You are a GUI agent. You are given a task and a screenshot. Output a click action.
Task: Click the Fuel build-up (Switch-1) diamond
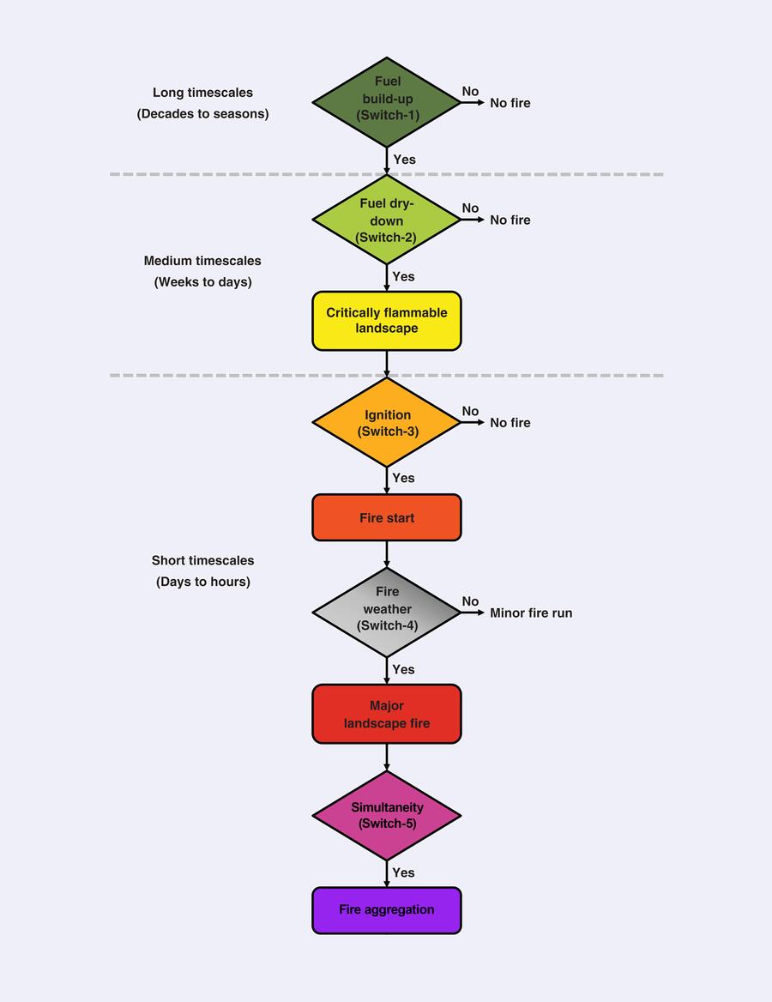[x=387, y=102]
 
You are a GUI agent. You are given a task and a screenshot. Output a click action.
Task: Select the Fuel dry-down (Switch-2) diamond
[x=387, y=220]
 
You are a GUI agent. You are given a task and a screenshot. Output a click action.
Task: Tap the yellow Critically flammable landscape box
[x=387, y=321]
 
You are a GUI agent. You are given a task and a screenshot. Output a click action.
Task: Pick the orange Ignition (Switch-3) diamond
[x=387, y=422]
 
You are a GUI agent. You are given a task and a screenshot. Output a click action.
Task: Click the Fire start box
[x=387, y=517]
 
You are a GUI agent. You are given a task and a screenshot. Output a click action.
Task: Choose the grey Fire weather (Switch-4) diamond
[x=387, y=613]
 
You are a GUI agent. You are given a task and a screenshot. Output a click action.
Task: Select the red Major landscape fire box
[x=387, y=714]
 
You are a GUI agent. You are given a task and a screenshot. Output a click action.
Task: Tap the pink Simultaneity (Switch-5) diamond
[x=387, y=815]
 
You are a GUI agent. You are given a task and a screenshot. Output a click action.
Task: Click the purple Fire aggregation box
[x=387, y=910]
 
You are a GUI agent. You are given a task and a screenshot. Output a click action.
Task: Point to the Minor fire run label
[x=531, y=613]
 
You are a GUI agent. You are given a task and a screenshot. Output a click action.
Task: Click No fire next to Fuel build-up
[x=510, y=103]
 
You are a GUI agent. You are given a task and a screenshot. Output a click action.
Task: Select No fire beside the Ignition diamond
[x=510, y=422]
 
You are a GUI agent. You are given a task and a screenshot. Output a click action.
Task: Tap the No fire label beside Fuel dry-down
[x=510, y=220]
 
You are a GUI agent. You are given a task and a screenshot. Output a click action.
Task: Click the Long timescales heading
[x=202, y=93]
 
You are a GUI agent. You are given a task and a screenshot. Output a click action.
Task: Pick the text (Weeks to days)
[x=202, y=281]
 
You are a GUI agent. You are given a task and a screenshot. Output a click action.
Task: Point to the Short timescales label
[x=202, y=560]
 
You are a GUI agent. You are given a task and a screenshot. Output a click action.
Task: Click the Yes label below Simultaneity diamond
[x=403, y=872]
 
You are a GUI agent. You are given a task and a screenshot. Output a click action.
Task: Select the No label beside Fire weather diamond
[x=470, y=601]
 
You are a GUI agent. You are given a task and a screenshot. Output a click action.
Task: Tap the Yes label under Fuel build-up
[x=404, y=159]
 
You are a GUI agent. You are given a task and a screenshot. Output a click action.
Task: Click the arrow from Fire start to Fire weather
[x=387, y=554]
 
